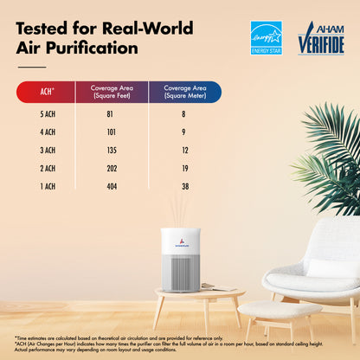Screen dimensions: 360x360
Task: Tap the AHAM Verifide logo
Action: pos(321,38)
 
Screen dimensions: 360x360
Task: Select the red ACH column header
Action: pos(48,92)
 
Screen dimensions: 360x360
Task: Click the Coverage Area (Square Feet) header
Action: pos(111,92)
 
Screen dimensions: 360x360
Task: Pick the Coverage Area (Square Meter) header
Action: pos(183,92)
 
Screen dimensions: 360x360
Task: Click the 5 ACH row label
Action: pos(47,113)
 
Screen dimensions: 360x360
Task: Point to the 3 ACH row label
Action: pos(47,150)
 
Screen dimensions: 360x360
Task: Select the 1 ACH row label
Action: pos(47,186)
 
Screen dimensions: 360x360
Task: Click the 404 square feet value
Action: pos(111,186)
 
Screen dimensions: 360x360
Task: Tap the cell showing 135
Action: pos(111,150)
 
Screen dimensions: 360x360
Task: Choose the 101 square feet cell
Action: pos(111,132)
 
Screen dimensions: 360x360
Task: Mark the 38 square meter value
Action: pos(183,186)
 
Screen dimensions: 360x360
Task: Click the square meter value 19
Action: pos(183,168)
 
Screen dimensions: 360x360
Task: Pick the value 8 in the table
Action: pos(183,113)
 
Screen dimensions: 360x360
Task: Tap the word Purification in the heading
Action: pos(90,47)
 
